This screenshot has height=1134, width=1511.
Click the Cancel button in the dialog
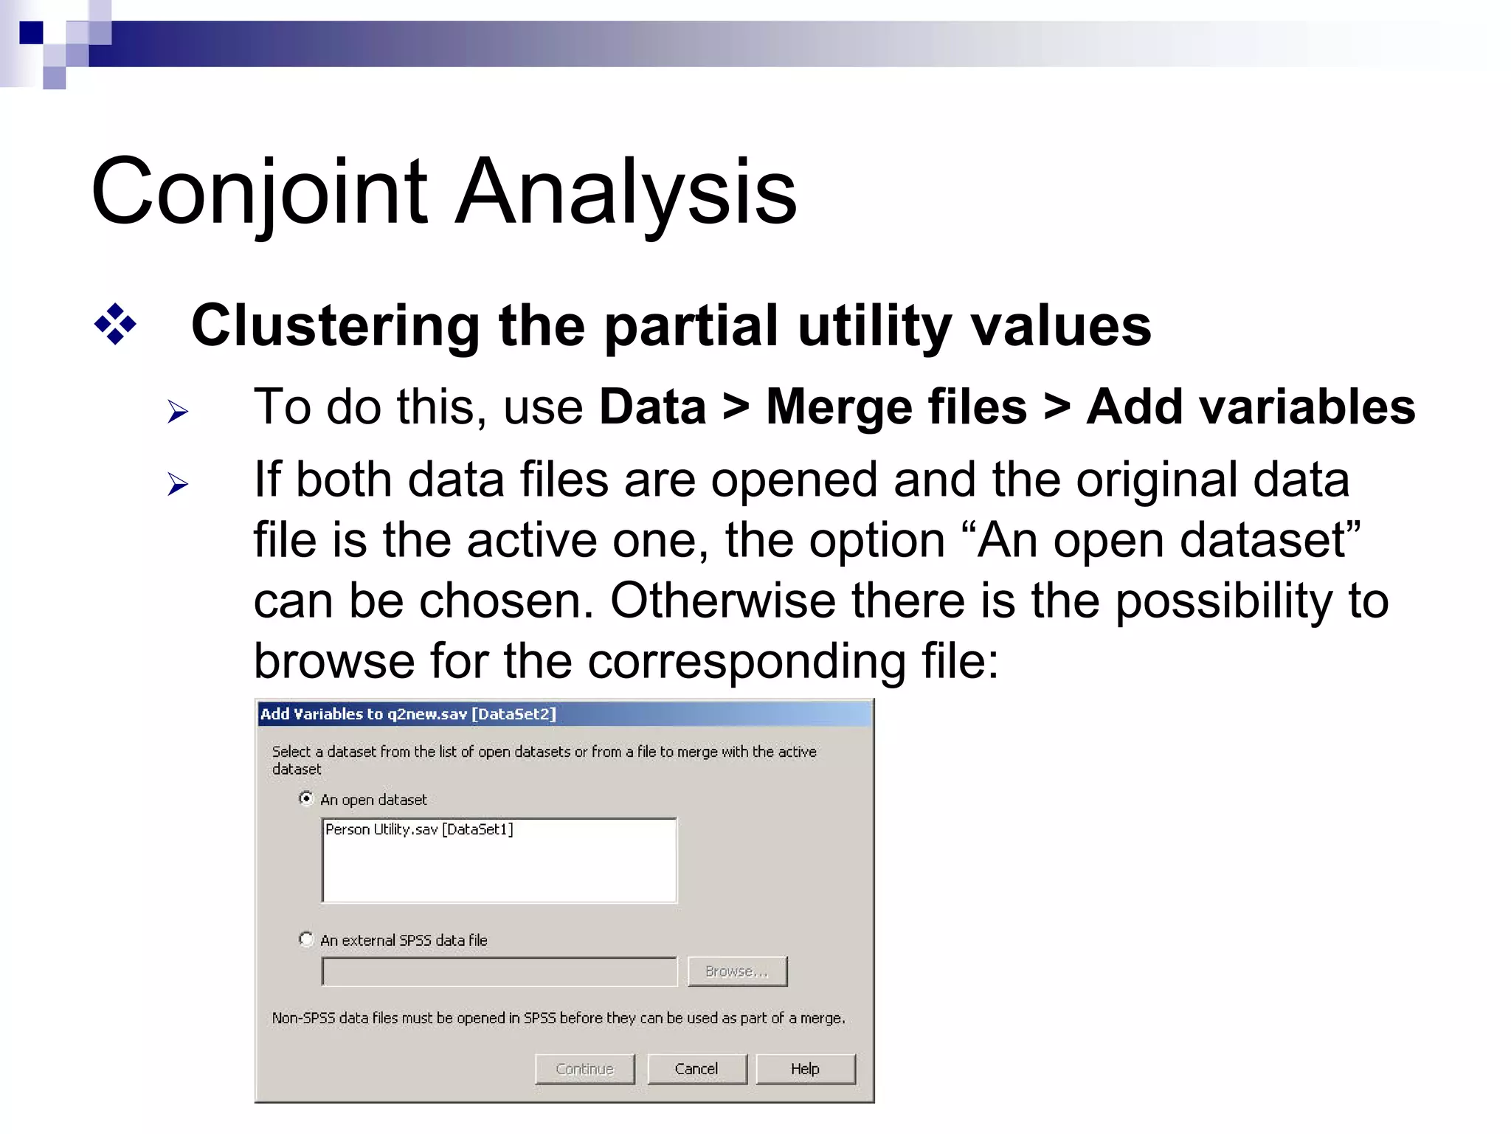click(696, 1069)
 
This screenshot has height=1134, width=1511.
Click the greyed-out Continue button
click(584, 1069)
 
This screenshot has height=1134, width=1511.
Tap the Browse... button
click(736, 972)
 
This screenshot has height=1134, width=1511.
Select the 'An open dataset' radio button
click(306, 799)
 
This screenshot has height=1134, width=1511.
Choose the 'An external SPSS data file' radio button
click(306, 939)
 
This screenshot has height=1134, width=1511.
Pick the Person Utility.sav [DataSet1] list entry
click(419, 830)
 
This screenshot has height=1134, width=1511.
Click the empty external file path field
click(499, 972)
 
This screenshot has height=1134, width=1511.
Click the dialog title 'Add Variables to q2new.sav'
click(408, 714)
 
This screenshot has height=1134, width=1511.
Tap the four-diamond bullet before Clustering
click(115, 324)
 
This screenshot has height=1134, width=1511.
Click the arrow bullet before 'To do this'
click(177, 411)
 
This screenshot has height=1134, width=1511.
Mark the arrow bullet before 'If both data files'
click(177, 484)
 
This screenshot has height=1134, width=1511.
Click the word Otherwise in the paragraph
click(722, 601)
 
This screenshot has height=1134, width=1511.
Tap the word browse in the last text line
click(333, 661)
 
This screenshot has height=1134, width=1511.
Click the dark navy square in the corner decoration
click(31, 33)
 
